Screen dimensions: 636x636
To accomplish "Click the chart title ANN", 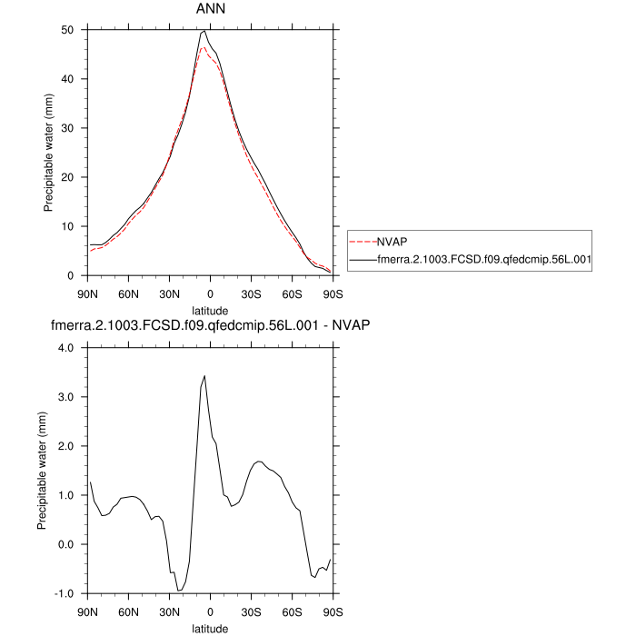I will [210, 9].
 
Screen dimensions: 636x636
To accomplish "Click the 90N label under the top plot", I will [87, 293].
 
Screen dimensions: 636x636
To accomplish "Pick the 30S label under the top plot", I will [251, 293].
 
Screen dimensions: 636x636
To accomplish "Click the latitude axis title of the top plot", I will [210, 309].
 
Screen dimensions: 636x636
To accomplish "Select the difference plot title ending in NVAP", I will [210, 325].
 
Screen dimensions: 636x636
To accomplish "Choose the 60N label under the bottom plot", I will [128, 611].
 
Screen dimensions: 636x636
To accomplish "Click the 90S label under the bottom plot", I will [333, 611].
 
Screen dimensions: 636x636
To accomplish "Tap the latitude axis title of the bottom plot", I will [210, 627].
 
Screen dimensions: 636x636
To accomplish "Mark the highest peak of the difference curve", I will [204, 375].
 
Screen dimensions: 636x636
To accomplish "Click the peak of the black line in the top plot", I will [204, 31].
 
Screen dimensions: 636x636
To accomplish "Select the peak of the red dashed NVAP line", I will [204, 47].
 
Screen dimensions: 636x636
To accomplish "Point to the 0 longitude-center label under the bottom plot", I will [210, 611].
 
